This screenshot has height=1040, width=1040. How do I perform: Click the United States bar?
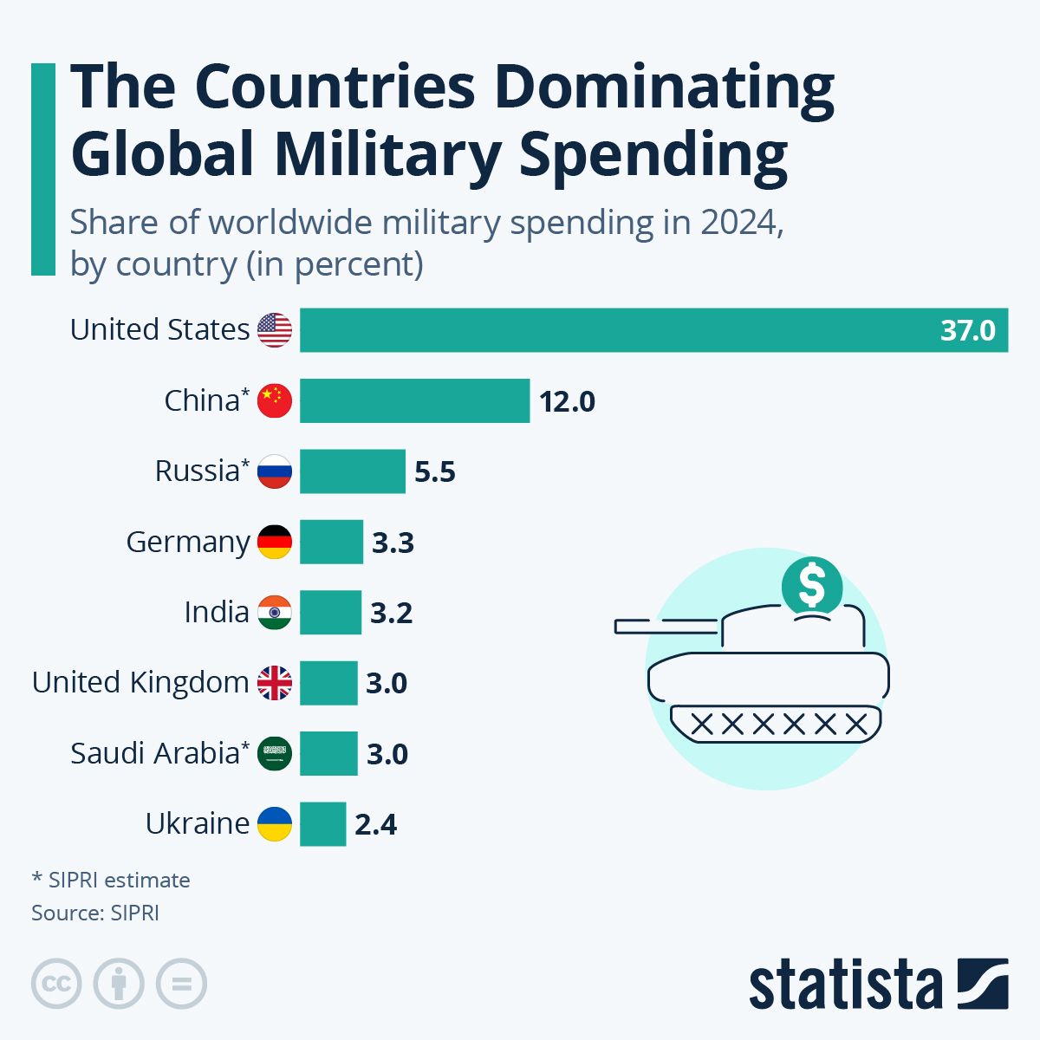pos(653,330)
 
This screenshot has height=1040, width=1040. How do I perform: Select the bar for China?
pos(414,400)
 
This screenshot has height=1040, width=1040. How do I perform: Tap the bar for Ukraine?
pos(322,823)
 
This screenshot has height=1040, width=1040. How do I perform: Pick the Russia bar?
pos(352,471)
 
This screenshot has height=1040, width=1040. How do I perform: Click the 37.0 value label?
pos(967,331)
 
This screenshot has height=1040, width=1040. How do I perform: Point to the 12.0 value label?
pos(567,402)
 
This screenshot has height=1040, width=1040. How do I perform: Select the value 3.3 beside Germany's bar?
pos(393,543)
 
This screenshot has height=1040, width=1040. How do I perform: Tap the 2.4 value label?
pos(375,825)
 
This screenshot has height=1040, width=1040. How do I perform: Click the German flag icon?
pos(275,542)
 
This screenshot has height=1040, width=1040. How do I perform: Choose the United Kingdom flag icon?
pos(275,683)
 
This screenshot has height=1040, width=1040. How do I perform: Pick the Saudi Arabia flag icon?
pos(275,753)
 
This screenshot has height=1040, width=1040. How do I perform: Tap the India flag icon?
pos(275,612)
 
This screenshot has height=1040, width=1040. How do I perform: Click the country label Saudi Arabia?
pos(154,753)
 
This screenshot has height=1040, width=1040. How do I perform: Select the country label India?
pos(216,612)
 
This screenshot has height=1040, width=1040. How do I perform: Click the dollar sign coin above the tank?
pos(812,587)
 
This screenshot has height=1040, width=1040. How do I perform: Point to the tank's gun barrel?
pos(666,625)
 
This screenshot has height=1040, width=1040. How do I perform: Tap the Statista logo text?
pos(845,985)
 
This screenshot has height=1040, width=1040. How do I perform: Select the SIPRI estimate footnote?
pos(111,880)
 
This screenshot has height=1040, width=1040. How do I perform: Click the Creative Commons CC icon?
pos(56,985)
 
